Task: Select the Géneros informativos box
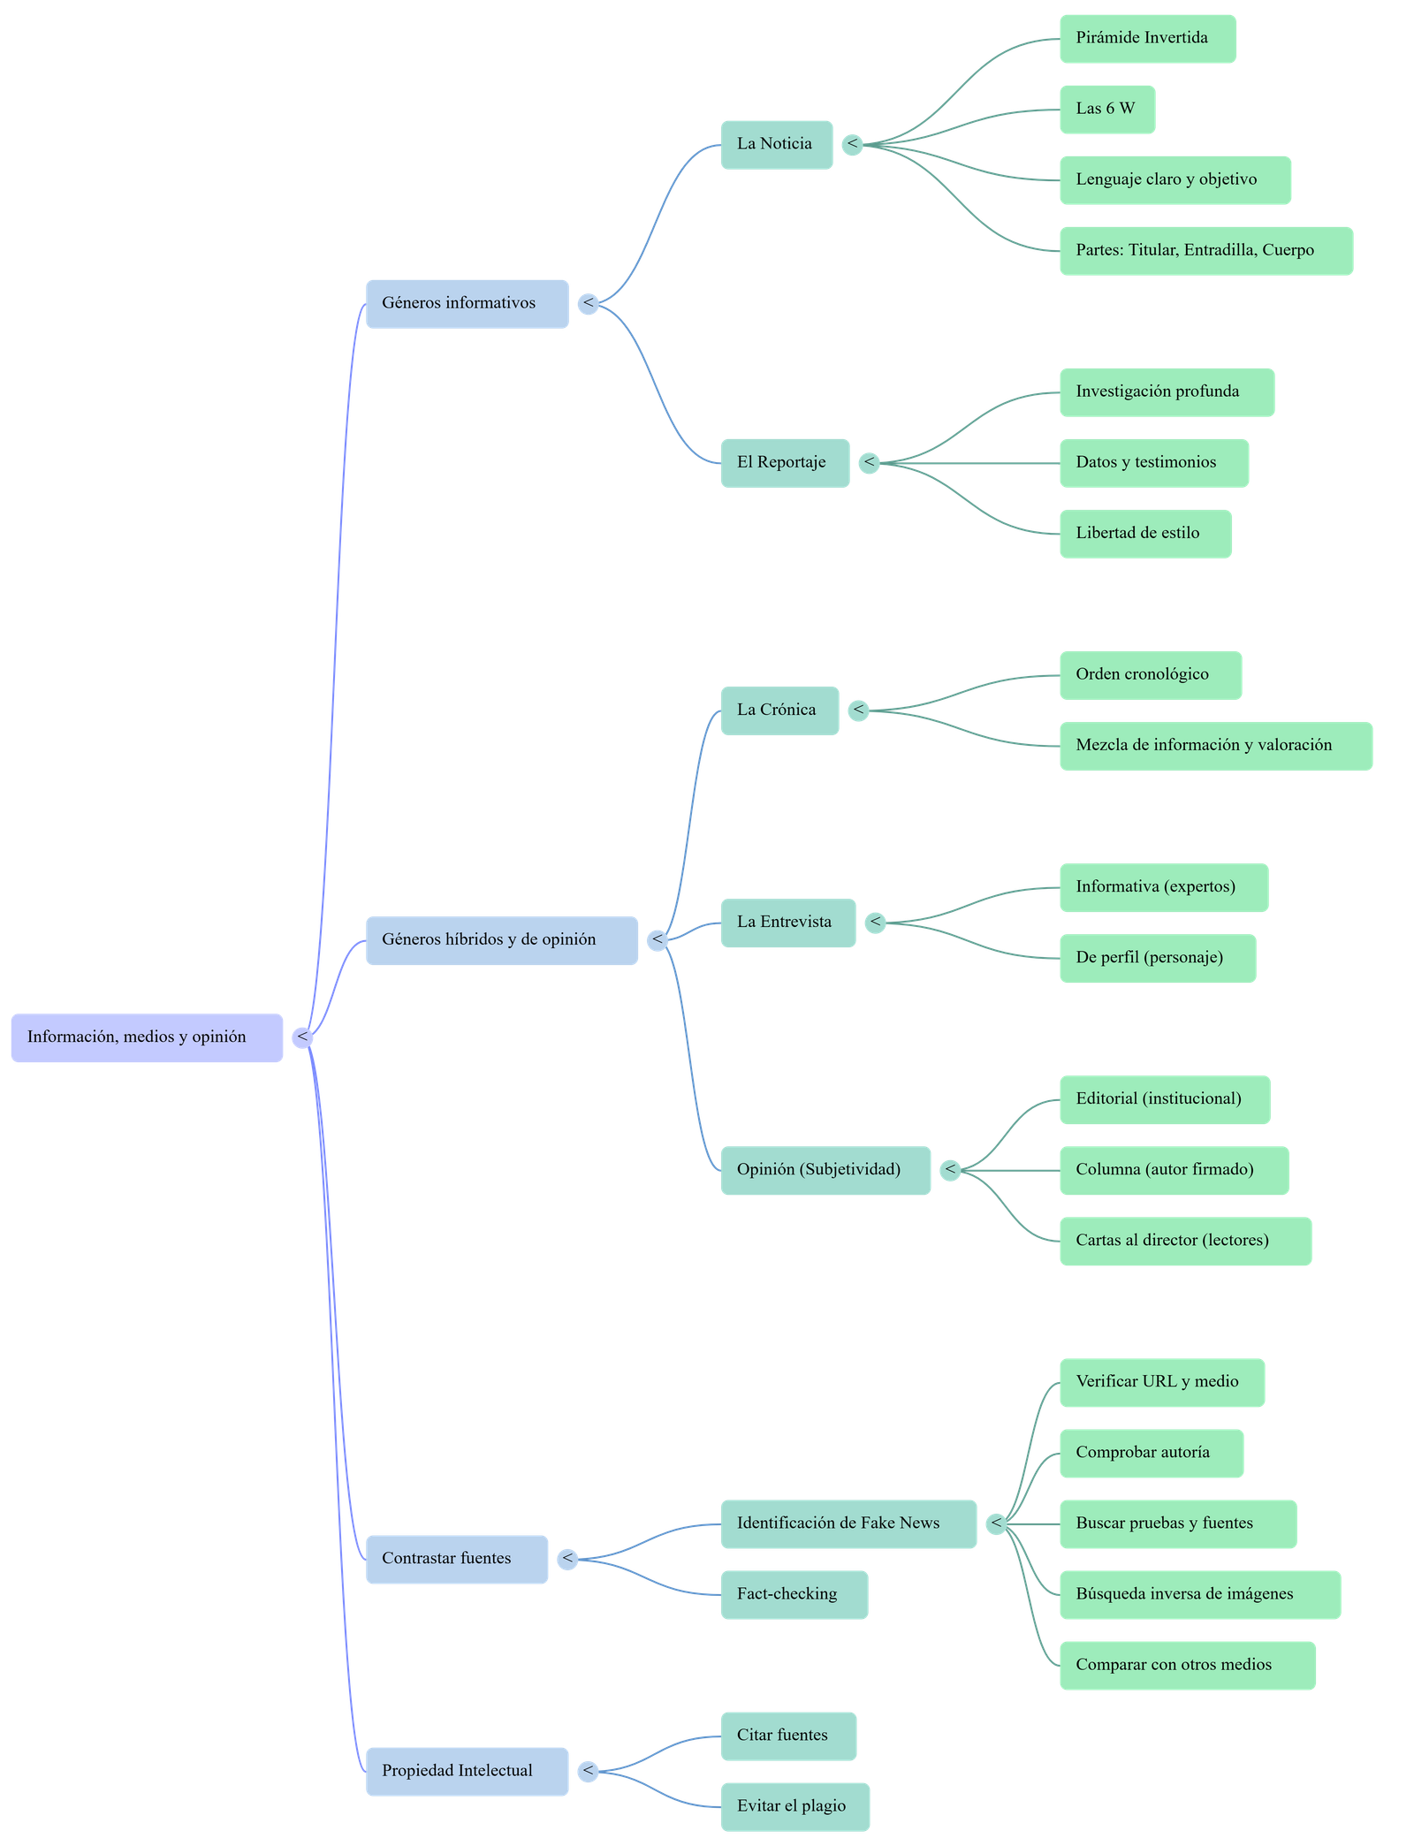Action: (x=467, y=304)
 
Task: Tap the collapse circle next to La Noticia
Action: (x=852, y=144)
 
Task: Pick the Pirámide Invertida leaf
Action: (x=1147, y=38)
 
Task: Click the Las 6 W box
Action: (x=1106, y=110)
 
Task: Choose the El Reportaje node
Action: (x=784, y=462)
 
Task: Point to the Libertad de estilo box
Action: (x=1144, y=533)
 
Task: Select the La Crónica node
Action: (x=779, y=710)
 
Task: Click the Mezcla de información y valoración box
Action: (x=1215, y=746)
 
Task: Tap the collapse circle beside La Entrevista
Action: (x=875, y=923)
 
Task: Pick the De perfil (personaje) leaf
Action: (x=1157, y=958)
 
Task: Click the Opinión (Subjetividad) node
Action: (x=825, y=1170)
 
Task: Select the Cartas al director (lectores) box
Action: (x=1184, y=1241)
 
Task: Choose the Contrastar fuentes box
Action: (x=456, y=1559)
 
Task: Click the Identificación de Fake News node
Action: (x=848, y=1523)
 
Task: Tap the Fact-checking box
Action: (x=793, y=1594)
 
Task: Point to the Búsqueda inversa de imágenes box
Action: (x=1199, y=1594)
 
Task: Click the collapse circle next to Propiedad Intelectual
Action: (x=587, y=1771)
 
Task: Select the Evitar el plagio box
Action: (x=794, y=1806)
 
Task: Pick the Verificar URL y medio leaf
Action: (x=1161, y=1382)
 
